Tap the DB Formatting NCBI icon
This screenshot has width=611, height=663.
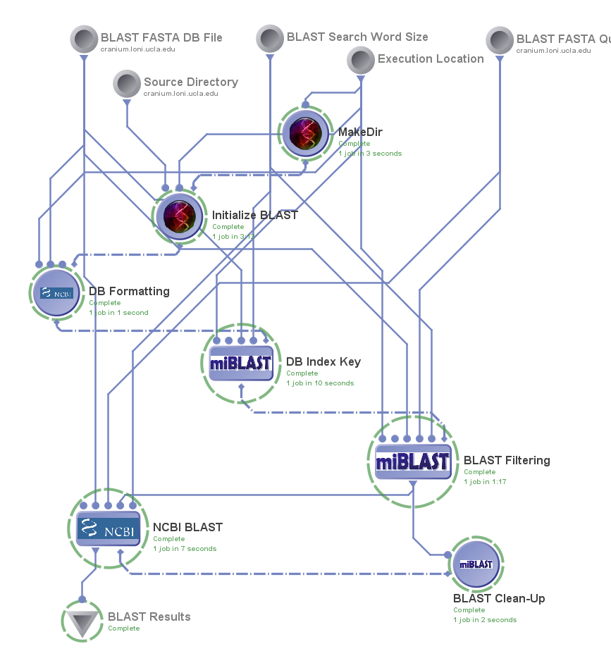(x=57, y=292)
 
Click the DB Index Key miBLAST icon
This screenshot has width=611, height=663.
(x=241, y=363)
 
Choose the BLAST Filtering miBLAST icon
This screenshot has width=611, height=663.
(x=412, y=461)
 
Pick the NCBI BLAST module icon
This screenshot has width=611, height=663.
(x=108, y=528)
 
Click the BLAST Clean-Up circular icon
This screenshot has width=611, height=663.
(x=476, y=564)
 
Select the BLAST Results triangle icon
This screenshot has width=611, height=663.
(x=82, y=622)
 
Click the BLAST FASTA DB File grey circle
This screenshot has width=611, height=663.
(x=84, y=39)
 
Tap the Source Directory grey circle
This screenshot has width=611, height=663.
(x=127, y=84)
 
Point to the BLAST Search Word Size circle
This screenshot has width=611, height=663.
(x=270, y=38)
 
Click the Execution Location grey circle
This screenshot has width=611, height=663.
(x=361, y=60)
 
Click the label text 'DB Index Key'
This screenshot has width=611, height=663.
(x=323, y=361)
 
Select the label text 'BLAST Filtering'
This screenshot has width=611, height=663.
(x=507, y=460)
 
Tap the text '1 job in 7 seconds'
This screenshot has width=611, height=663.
(x=185, y=549)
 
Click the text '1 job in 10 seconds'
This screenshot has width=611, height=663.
(x=320, y=383)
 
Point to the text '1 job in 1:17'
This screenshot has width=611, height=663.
(x=485, y=482)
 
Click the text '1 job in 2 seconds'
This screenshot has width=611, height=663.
(x=485, y=620)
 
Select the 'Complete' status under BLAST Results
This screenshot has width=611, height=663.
(x=124, y=628)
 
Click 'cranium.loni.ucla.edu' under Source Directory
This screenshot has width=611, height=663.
(x=181, y=93)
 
